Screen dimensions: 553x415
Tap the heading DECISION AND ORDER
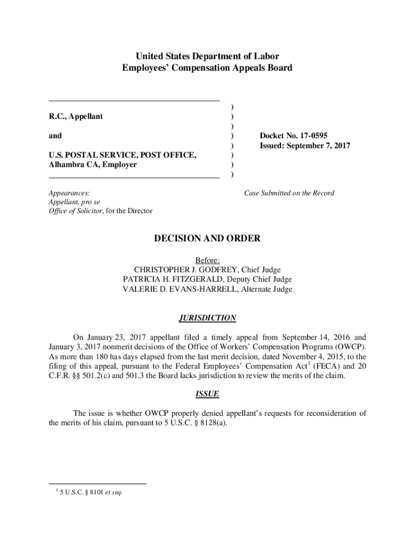coord(207,239)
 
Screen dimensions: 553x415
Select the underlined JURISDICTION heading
coord(207,319)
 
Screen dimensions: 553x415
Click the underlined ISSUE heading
coord(207,395)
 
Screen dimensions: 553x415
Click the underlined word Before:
coord(207,260)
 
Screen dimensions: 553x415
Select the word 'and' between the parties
coord(55,136)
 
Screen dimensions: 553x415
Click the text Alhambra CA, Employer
coord(93,165)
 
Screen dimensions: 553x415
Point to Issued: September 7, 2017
coord(305,145)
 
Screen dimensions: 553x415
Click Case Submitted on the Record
coord(289,193)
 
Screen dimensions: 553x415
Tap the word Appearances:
coord(70,193)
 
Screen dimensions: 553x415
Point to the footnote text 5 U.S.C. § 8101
coord(81,492)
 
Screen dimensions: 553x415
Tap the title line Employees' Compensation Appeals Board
coord(207,68)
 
